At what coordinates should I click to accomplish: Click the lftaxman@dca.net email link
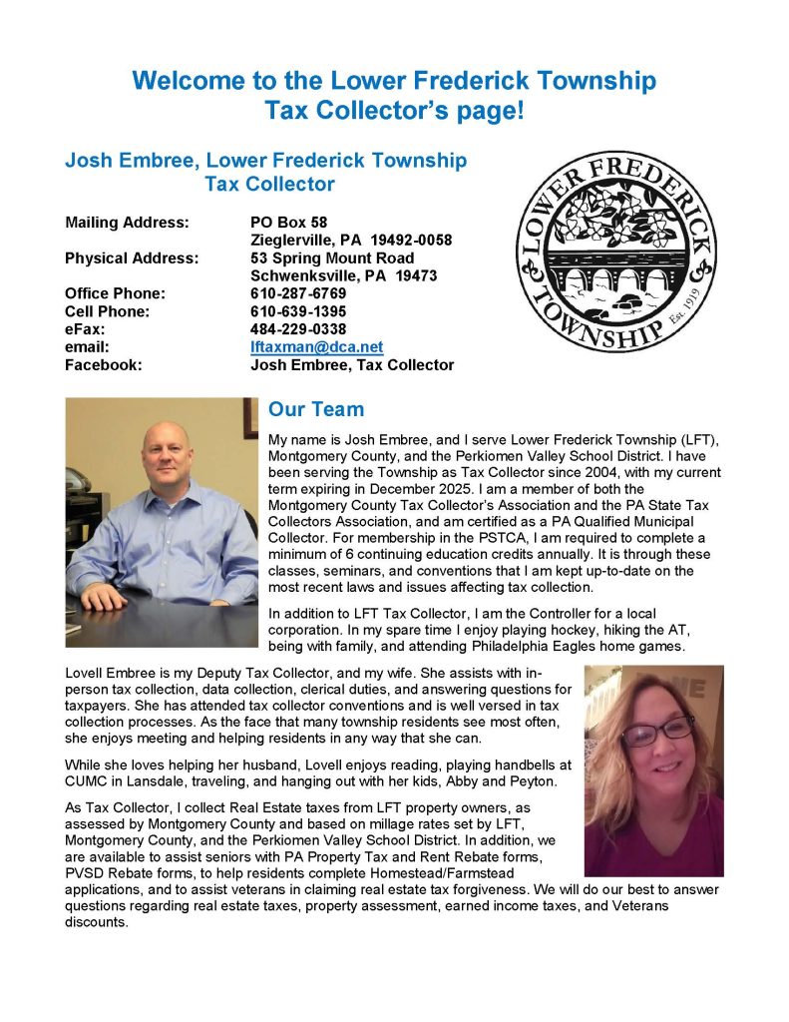click(x=316, y=346)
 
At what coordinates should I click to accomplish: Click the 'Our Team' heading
click(x=316, y=409)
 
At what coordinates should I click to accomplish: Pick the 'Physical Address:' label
click(x=131, y=257)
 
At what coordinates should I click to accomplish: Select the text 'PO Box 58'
click(x=288, y=222)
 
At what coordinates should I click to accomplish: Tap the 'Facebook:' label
click(x=103, y=365)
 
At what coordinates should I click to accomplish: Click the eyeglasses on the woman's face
click(x=657, y=732)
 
